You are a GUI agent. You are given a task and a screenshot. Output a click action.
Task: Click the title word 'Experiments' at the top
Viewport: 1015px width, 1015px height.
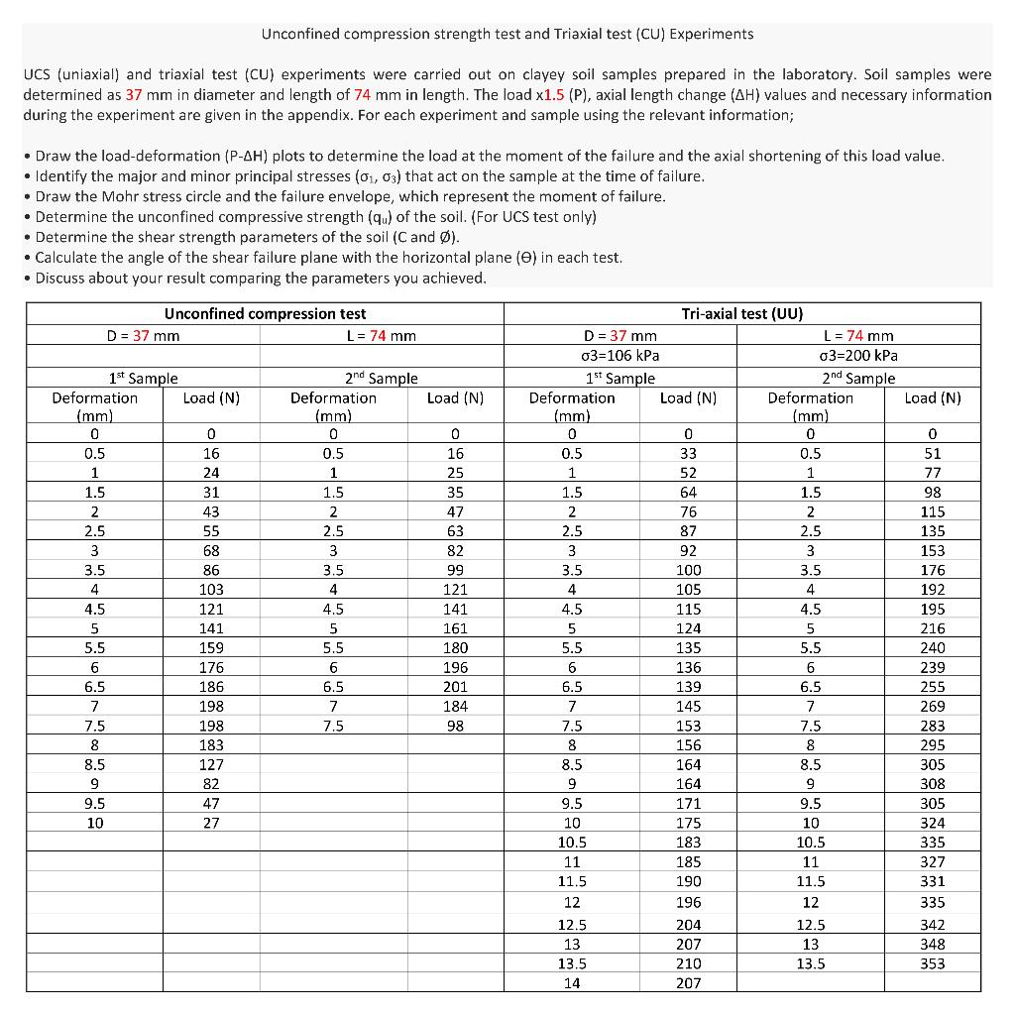(712, 34)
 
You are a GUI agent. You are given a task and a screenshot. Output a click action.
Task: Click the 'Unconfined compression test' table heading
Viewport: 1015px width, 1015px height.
(265, 314)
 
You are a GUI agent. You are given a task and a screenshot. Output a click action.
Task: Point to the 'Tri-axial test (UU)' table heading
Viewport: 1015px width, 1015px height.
(741, 314)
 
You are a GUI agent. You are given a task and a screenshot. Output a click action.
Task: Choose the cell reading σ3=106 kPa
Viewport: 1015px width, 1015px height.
(620, 356)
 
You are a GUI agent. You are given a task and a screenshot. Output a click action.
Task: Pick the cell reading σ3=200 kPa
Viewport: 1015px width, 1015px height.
(858, 356)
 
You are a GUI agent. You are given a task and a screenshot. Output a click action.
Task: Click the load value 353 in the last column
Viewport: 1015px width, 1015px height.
(932, 963)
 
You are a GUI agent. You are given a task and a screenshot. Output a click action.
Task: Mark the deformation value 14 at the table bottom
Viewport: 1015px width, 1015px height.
(572, 983)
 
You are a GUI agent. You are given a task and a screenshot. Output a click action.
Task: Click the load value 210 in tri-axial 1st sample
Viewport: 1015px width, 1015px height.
(688, 963)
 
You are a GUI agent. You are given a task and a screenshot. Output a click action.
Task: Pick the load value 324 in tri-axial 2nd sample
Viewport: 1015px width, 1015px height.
(932, 823)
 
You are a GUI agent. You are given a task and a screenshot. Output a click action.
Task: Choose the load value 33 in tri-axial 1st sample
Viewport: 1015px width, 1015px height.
(688, 453)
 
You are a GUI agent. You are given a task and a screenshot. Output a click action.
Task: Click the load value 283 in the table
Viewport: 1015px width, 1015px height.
(932, 726)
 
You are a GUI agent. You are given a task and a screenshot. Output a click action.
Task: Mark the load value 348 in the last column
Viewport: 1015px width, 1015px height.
(932, 944)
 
